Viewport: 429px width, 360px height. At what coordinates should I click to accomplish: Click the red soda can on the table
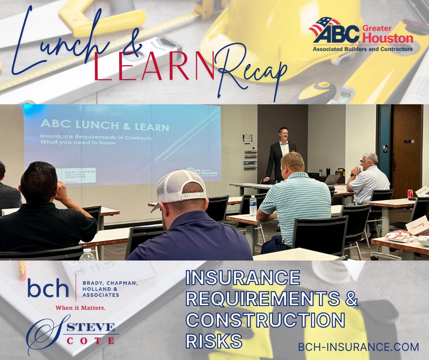coord(410,194)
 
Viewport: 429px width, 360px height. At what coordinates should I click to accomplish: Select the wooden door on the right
coord(406,146)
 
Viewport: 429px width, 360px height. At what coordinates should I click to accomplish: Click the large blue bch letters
coord(47,289)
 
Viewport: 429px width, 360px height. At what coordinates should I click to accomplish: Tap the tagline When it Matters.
coord(80,307)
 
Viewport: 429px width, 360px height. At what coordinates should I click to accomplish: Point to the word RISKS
coord(214,341)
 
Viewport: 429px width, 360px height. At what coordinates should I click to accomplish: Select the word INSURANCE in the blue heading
coord(242,278)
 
